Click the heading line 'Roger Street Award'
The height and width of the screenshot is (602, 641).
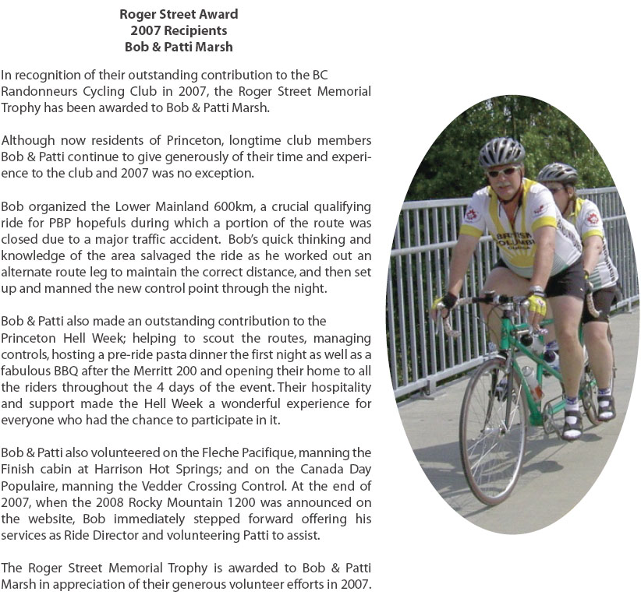click(179, 14)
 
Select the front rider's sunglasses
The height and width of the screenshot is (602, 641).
click(502, 171)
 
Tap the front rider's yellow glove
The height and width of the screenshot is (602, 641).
click(536, 301)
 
